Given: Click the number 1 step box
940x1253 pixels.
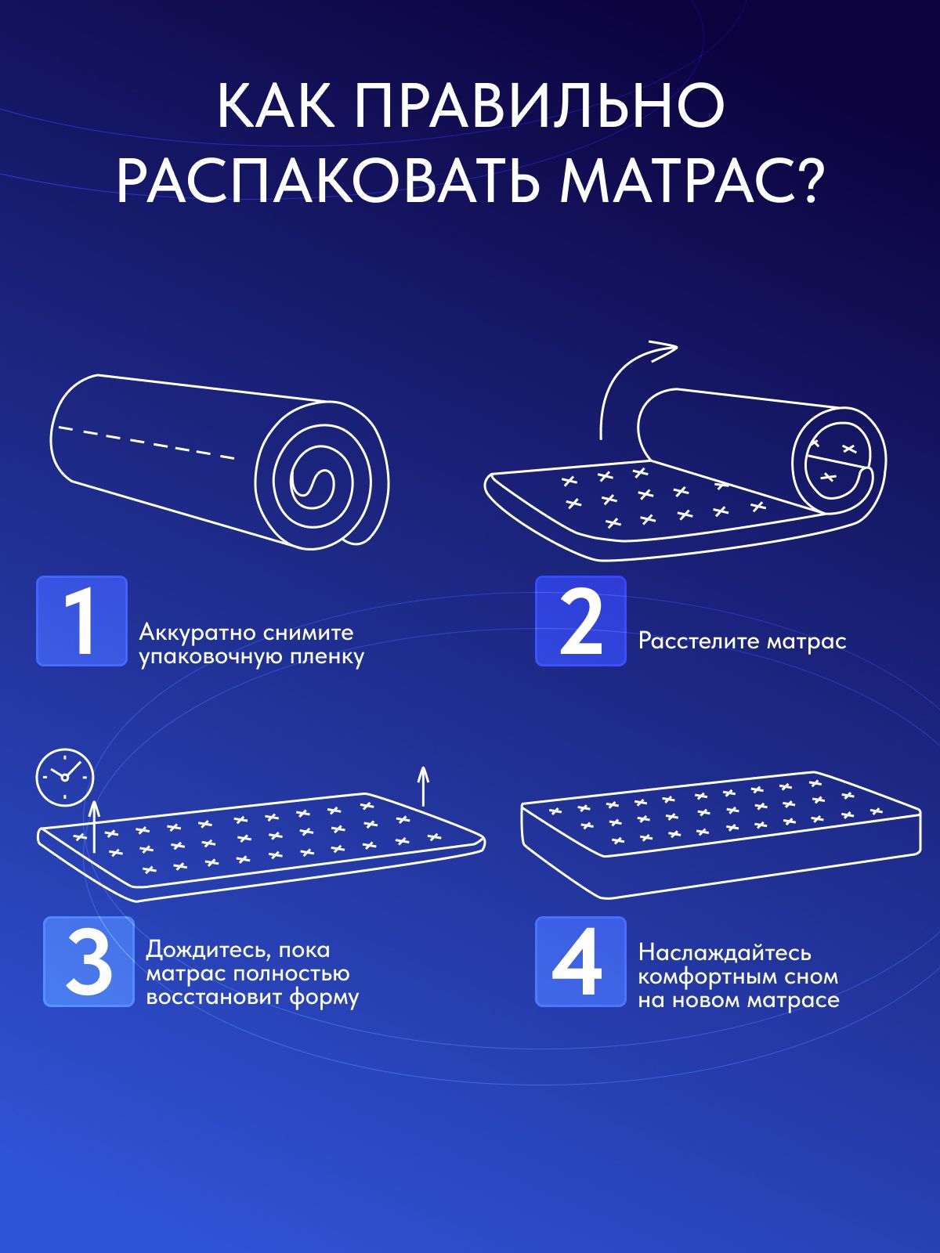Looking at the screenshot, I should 81,621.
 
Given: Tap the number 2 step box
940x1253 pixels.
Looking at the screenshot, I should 580,621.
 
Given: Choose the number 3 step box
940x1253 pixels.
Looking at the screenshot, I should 89,962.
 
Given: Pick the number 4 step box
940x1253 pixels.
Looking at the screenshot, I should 580,962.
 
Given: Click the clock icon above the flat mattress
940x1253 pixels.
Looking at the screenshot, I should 65,777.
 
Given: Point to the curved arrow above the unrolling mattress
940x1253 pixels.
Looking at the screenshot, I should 627,376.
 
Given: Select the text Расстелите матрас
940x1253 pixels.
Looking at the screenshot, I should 742,641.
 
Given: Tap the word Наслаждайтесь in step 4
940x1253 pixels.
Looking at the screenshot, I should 724,952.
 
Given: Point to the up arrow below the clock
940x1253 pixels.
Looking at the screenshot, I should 95,826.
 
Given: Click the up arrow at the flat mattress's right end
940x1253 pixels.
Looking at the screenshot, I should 423,786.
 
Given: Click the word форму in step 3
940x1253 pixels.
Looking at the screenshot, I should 324,998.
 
